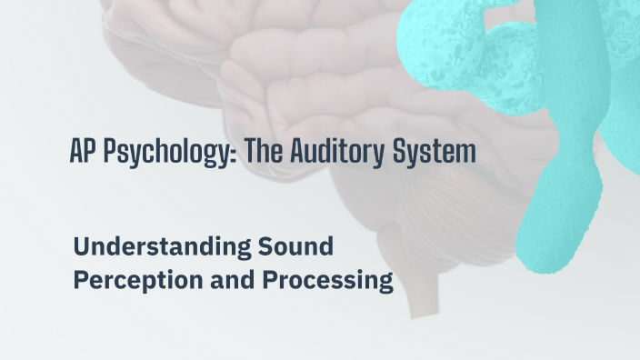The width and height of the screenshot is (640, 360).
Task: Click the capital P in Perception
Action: (80, 281)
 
